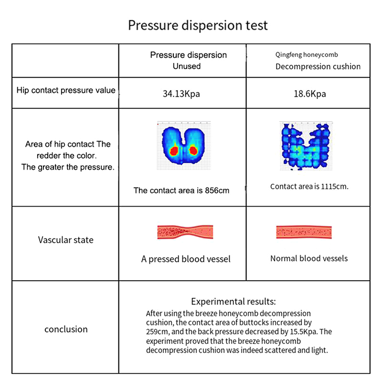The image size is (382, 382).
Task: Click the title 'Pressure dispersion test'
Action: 198,25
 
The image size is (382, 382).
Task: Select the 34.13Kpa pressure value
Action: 181,94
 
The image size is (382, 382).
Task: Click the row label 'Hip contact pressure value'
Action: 66,90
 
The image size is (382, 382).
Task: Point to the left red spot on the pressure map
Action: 174,151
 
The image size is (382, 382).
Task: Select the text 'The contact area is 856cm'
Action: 181,191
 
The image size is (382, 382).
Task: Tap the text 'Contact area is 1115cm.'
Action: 309,186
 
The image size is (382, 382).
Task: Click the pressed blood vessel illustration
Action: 185,232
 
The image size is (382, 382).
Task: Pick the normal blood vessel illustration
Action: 304,232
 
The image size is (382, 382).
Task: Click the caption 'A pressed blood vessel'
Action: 186,259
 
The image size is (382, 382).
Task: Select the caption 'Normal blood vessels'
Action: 309,258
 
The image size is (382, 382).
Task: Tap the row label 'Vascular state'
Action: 66,240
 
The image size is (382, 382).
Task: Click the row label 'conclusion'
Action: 66,329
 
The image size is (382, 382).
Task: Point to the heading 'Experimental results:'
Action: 233,301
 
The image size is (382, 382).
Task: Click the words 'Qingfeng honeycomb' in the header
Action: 307,55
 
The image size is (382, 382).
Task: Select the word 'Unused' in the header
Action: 187,66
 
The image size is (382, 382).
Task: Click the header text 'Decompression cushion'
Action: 318,66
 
